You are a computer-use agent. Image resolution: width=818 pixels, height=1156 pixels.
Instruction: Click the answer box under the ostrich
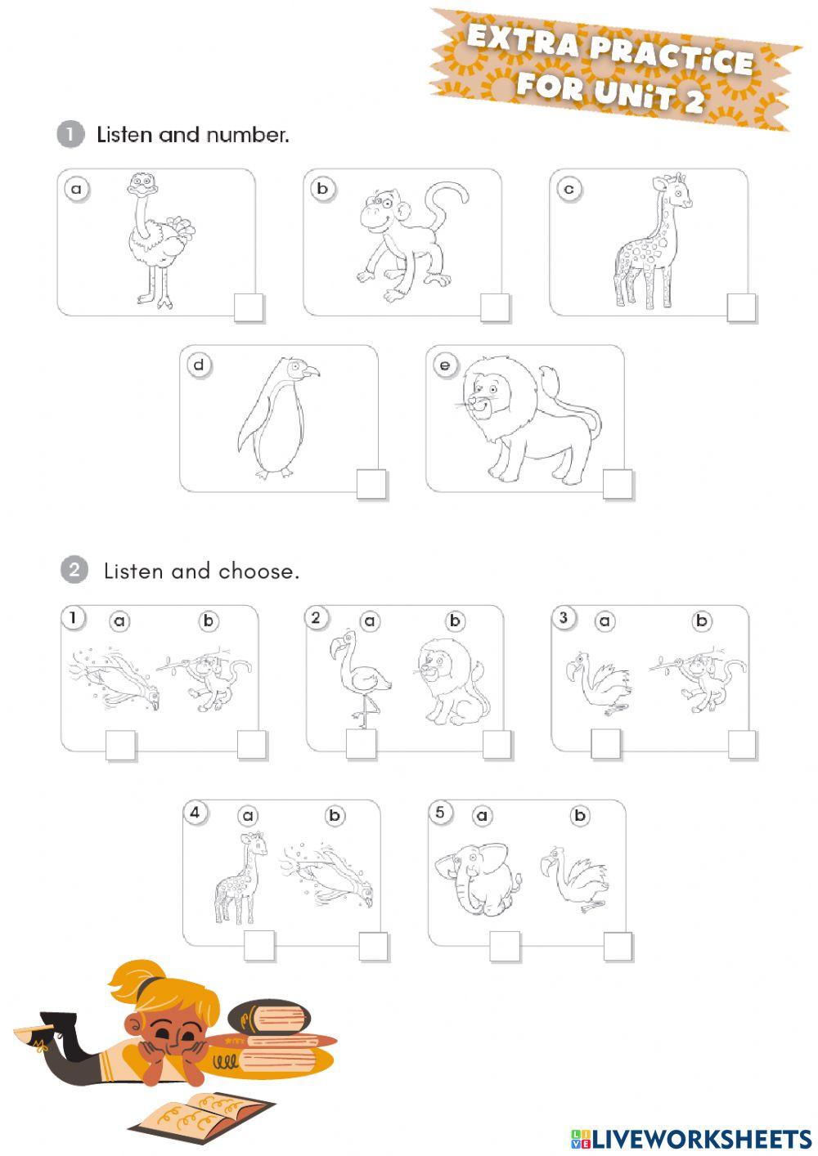249,308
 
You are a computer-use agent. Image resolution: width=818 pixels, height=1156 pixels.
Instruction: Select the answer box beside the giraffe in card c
741,308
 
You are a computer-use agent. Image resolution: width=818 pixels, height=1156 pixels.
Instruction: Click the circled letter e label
445,365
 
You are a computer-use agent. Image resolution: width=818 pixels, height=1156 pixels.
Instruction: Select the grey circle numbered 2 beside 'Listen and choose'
74,570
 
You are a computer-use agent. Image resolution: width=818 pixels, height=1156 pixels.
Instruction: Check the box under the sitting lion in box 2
497,745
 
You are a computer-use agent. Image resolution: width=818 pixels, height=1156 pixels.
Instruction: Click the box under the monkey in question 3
742,745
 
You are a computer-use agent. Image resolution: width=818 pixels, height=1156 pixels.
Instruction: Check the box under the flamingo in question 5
618,947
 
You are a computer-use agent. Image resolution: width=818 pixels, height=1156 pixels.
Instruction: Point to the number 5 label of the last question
440,813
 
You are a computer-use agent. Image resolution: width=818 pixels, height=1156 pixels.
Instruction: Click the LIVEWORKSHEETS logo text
700,1139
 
